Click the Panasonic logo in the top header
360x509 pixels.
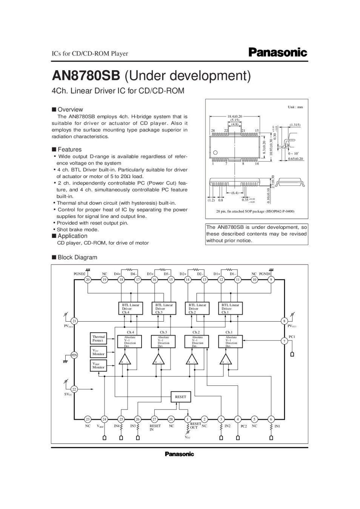point(278,52)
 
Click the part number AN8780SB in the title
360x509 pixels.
point(86,75)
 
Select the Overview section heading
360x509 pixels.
point(70,110)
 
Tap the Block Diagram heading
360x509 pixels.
point(77,258)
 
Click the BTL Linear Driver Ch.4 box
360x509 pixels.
point(130,308)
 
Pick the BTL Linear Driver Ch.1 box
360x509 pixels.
point(230,308)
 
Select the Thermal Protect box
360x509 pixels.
point(99,338)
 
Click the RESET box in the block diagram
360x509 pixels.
point(180,397)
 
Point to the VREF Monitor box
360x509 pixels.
point(99,365)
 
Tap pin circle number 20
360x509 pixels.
point(88,280)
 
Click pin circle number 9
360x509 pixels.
point(271,280)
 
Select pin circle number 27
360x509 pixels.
point(154,419)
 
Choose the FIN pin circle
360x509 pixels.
point(74,355)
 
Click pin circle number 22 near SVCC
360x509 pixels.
point(74,389)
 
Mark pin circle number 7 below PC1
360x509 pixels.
point(285,341)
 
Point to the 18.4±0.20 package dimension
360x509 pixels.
point(235,117)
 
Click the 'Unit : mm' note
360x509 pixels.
point(295,107)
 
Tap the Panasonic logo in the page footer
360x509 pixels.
point(179,454)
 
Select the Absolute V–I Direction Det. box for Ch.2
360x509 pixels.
point(197,342)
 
